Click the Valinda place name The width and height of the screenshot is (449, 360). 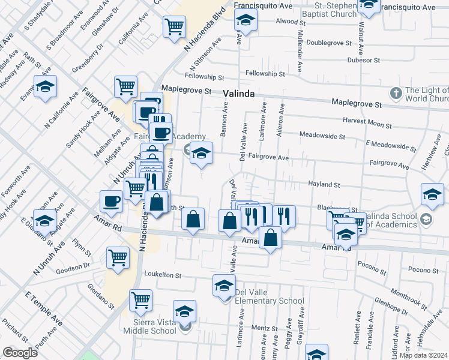pos(239,94)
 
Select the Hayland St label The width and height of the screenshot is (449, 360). pos(324,185)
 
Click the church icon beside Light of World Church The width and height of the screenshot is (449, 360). pos(395,93)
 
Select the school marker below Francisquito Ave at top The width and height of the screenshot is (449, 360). pos(244,22)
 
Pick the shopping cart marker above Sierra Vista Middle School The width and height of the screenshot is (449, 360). pos(140,299)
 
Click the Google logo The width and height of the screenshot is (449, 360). pos(20,353)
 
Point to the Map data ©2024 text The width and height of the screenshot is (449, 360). pos(424,355)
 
